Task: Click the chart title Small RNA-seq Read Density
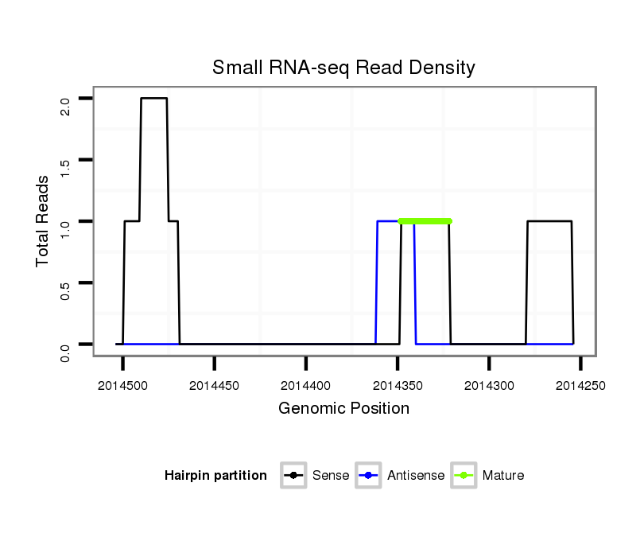point(343,68)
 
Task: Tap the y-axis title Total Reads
point(43,220)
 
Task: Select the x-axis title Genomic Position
point(343,409)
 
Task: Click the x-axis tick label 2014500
point(123,385)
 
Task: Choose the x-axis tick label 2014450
point(215,385)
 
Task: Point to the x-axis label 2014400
point(306,385)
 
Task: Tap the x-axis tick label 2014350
point(398,385)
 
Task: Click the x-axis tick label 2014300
point(489,385)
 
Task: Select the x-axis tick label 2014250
point(580,385)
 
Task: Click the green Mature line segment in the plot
point(425,221)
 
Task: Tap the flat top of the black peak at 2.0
point(154,99)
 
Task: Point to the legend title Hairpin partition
point(215,476)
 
